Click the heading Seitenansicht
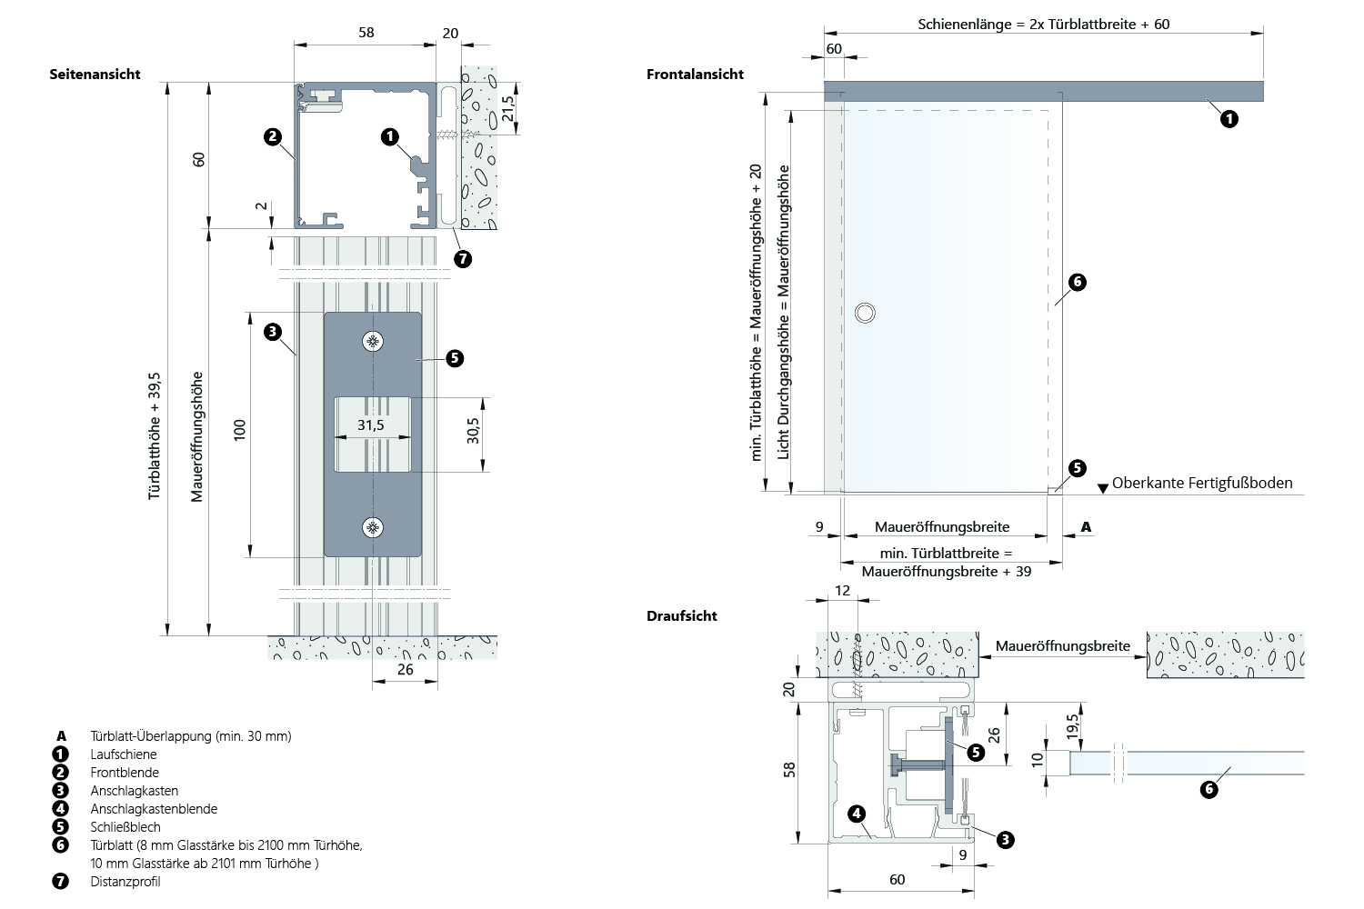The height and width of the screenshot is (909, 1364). [95, 75]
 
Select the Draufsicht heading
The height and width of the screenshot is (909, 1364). [682, 616]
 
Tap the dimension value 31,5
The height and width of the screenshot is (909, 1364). [370, 425]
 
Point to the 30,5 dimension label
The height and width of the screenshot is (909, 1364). [474, 430]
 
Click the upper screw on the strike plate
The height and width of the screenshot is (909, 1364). [372, 342]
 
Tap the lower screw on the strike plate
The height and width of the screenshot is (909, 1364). [372, 527]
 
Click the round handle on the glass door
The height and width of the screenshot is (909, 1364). [865, 313]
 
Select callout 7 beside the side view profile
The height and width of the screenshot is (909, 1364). [463, 259]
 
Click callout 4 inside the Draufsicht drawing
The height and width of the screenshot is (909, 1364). [857, 814]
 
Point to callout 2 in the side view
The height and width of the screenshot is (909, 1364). [273, 137]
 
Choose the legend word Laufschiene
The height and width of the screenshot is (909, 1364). [124, 754]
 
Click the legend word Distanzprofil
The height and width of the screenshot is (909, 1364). [125, 882]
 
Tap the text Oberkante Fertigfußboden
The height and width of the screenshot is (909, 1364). [1201, 484]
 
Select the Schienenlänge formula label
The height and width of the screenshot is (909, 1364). [1043, 25]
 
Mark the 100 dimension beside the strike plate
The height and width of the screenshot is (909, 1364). [240, 429]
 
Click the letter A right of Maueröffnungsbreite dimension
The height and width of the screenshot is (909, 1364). [1086, 527]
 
